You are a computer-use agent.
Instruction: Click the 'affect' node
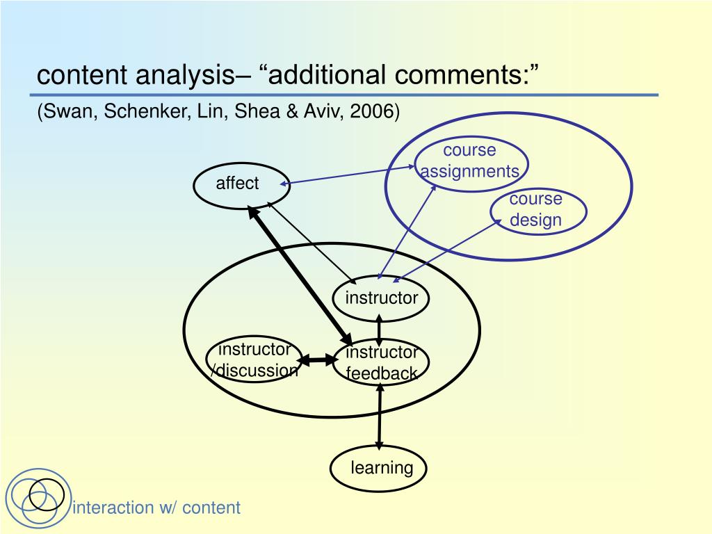pyautogui.click(x=237, y=184)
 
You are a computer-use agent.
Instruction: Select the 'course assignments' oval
pyautogui.click(x=470, y=161)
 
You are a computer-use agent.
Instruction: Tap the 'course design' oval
pyautogui.click(x=537, y=210)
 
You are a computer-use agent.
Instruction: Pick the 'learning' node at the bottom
pyautogui.click(x=379, y=468)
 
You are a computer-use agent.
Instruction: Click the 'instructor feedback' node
pyautogui.click(x=382, y=362)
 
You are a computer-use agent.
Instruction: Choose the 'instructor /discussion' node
pyautogui.click(x=254, y=359)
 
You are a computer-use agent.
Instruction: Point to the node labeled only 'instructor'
pyautogui.click(x=381, y=299)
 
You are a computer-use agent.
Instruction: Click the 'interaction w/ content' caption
pyautogui.click(x=156, y=508)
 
